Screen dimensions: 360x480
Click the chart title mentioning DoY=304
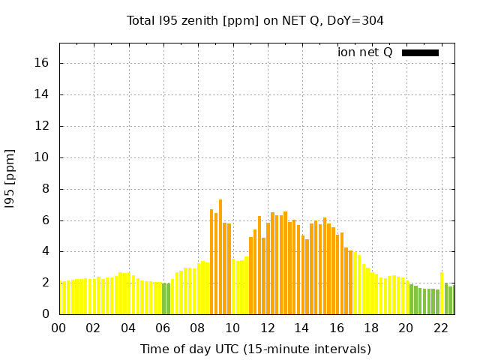click(255, 20)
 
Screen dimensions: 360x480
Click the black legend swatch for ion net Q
click(420, 52)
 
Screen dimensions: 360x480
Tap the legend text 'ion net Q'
click(365, 52)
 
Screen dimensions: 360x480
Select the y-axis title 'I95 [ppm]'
click(10, 178)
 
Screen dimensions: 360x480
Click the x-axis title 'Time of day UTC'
click(255, 349)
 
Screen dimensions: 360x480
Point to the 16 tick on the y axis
click(43, 63)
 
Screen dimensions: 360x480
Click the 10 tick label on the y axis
click(43, 157)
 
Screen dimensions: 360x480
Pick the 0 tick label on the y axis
click(46, 314)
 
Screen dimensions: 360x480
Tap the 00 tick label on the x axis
click(59, 328)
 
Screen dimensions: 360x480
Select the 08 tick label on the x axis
click(198, 328)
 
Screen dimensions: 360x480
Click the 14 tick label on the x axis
click(302, 328)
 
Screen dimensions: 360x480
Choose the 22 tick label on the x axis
click(441, 328)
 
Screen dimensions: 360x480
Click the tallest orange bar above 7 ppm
click(220, 255)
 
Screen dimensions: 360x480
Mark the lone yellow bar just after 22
click(442, 292)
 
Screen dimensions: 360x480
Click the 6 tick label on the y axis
click(46, 220)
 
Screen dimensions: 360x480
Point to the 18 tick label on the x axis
click(371, 328)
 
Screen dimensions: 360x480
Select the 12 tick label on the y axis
click(43, 126)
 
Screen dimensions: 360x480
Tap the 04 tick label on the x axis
click(128, 328)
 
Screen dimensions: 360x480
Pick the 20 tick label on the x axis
click(406, 328)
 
